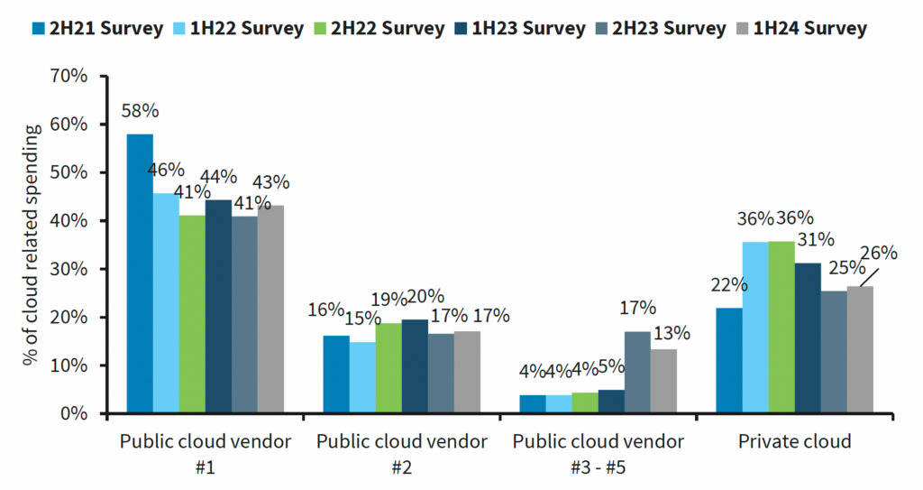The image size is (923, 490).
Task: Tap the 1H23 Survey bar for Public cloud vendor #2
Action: [x=415, y=366]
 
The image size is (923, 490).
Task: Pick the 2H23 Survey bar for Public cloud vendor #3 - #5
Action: [x=637, y=373]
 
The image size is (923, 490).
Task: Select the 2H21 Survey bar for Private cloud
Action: [x=728, y=361]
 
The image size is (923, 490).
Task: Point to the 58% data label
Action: [x=140, y=112]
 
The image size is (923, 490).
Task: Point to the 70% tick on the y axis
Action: [x=69, y=76]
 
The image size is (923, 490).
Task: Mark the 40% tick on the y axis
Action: [x=69, y=221]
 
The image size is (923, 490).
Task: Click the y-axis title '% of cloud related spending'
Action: [x=33, y=245]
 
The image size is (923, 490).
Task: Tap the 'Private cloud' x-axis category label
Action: [x=794, y=442]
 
